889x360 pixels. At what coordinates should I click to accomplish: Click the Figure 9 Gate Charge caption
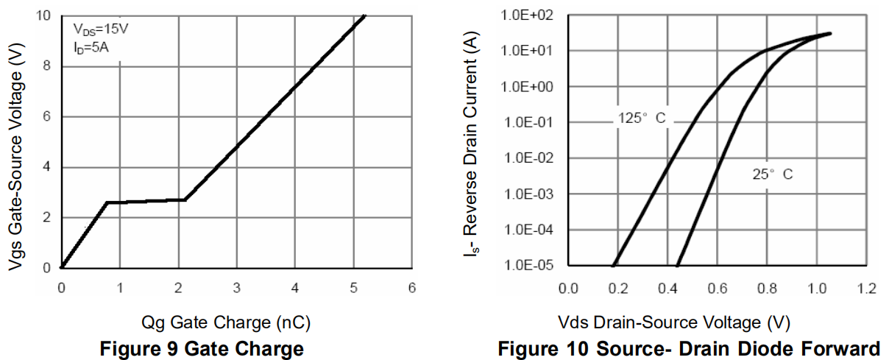click(x=202, y=348)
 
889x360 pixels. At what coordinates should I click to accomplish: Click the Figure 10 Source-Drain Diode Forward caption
click(x=689, y=348)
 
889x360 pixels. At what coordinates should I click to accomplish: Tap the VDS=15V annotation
click(x=102, y=30)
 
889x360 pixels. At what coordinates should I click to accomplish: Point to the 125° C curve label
click(x=640, y=118)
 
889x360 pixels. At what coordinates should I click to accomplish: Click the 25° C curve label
click(x=773, y=174)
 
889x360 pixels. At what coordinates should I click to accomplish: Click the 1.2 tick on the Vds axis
click(x=866, y=287)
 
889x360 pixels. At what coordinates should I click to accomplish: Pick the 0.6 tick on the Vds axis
click(x=718, y=287)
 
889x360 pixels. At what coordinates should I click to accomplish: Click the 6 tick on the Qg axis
click(x=412, y=287)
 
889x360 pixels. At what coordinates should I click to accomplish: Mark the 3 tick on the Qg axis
click(x=236, y=287)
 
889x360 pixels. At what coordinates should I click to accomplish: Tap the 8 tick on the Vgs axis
click(x=47, y=66)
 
